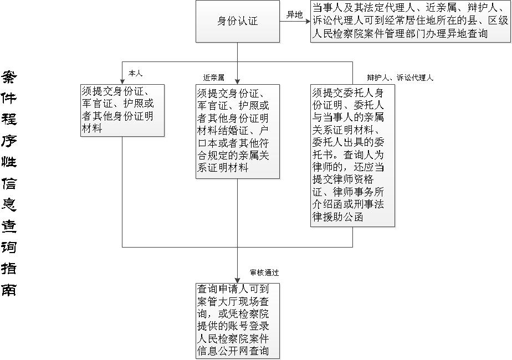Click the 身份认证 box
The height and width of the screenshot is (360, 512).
pos(237,21)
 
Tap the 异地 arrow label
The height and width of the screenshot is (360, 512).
pos(294,15)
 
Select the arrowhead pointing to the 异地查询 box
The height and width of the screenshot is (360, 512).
pos(308,22)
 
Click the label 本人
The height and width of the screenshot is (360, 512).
pos(135,74)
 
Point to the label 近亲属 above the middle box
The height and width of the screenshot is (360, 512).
pos(213,78)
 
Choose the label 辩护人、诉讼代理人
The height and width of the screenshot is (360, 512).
pos(400,78)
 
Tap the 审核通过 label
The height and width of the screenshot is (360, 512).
pos(264,272)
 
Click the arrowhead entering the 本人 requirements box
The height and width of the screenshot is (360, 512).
pos(122,81)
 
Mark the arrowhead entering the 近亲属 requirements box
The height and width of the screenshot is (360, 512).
pos(237,81)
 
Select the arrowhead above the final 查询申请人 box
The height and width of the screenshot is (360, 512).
pos(237,280)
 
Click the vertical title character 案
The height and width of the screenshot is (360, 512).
pos(9,77)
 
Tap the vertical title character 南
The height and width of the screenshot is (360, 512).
pos(9,289)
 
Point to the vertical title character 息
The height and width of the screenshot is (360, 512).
pos(9,204)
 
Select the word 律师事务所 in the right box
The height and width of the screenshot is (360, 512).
pos(359,192)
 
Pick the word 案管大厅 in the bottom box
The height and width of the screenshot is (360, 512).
pos(217,301)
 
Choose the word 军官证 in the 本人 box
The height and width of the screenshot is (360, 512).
pos(98,104)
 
